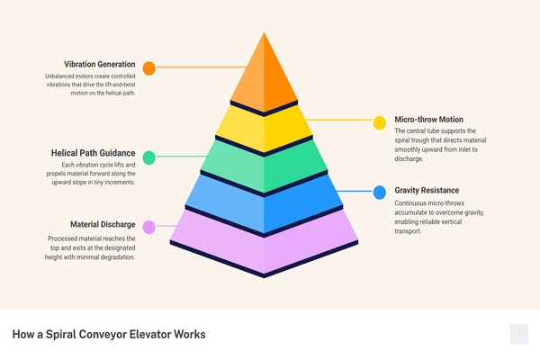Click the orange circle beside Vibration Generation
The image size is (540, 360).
click(149, 68)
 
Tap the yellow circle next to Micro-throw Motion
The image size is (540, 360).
click(380, 123)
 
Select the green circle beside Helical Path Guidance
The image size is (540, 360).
click(149, 157)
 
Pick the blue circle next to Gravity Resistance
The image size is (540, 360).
click(380, 193)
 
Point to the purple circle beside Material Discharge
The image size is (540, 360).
click(149, 228)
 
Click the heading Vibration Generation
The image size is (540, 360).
click(100, 65)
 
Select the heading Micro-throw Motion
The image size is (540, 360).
click(428, 120)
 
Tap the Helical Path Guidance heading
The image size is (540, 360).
click(93, 153)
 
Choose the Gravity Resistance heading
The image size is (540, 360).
click(427, 190)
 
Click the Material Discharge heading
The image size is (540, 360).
click(103, 225)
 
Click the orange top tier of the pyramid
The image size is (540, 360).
click(264, 76)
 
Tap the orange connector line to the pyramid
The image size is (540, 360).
click(202, 67)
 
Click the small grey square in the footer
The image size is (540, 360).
click(519, 334)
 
